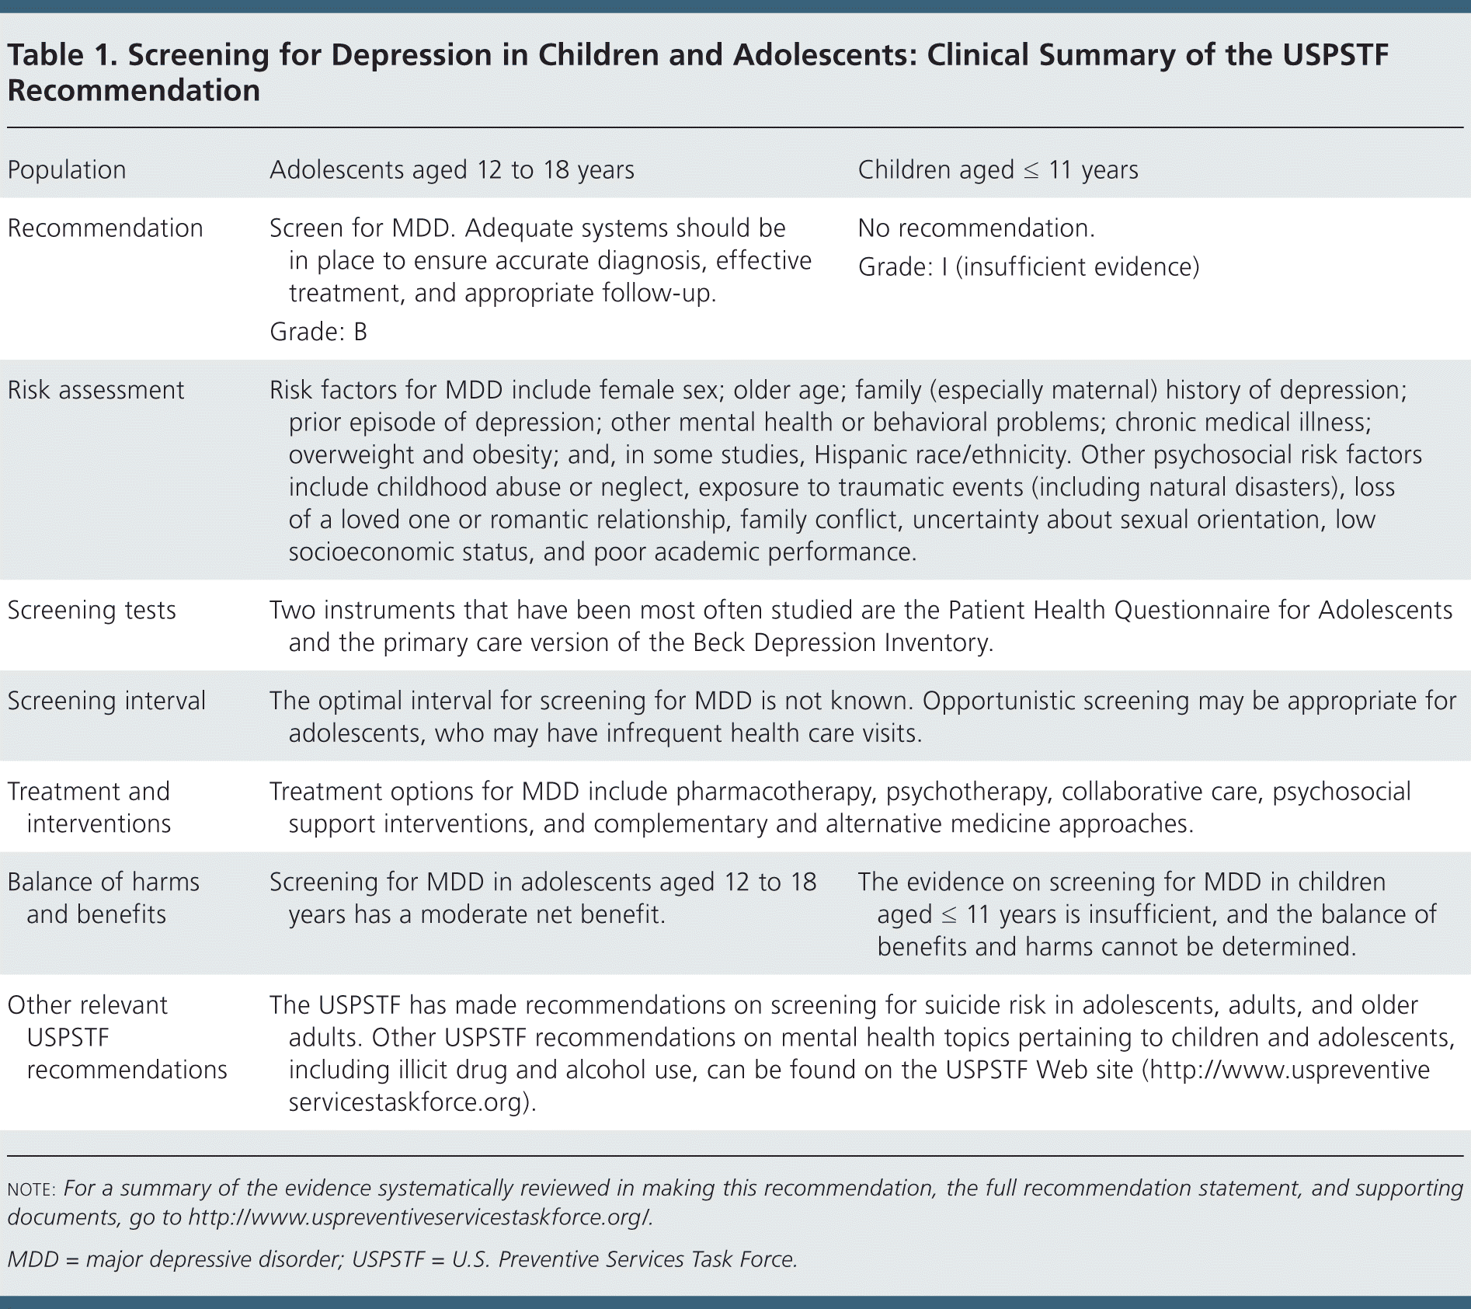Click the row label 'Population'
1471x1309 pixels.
pos(67,170)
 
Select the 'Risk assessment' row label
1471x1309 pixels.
pos(96,390)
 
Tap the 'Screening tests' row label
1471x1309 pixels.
pos(92,611)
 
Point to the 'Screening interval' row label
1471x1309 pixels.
pos(106,701)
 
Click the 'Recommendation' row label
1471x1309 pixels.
pos(105,228)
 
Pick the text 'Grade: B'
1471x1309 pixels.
pos(318,332)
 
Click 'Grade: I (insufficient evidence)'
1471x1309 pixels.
pos(1028,267)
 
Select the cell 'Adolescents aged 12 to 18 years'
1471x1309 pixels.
pos(451,170)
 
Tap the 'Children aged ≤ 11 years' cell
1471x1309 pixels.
pos(998,170)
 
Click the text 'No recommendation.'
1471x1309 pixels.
pos(976,228)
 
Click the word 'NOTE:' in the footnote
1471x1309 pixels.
pos(31,1189)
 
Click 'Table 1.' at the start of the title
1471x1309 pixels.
pos(61,55)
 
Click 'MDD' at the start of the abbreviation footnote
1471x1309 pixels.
pos(33,1259)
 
